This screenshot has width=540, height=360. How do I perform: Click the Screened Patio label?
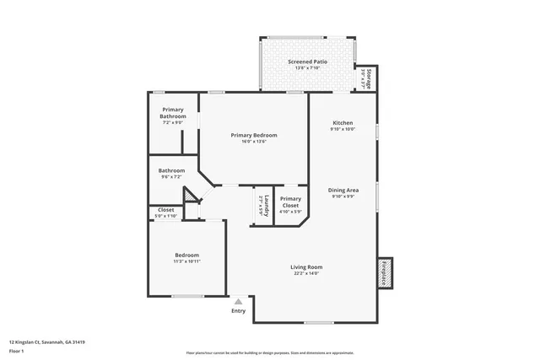tap(308, 62)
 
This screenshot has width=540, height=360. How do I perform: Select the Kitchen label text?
tap(343, 123)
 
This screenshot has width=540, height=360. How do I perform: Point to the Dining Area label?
tap(343, 190)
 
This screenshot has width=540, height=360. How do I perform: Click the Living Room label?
tap(307, 267)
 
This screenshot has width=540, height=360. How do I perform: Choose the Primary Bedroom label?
tap(254, 135)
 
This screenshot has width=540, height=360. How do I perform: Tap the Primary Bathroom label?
tap(173, 112)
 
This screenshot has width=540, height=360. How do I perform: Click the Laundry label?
tap(264, 203)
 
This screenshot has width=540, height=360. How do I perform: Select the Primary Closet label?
tap(290, 201)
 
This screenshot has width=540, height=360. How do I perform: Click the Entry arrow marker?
tap(239, 300)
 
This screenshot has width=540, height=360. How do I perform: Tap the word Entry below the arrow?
tap(239, 311)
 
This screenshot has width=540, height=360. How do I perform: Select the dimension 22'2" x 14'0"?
tap(307, 273)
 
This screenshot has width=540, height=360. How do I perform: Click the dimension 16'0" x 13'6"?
tap(254, 141)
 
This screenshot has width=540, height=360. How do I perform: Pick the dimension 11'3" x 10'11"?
tap(186, 261)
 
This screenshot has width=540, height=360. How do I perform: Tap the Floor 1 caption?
tap(17, 351)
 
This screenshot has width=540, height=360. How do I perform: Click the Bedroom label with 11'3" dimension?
tap(186, 255)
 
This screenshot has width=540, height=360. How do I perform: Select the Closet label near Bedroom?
tap(165, 210)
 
